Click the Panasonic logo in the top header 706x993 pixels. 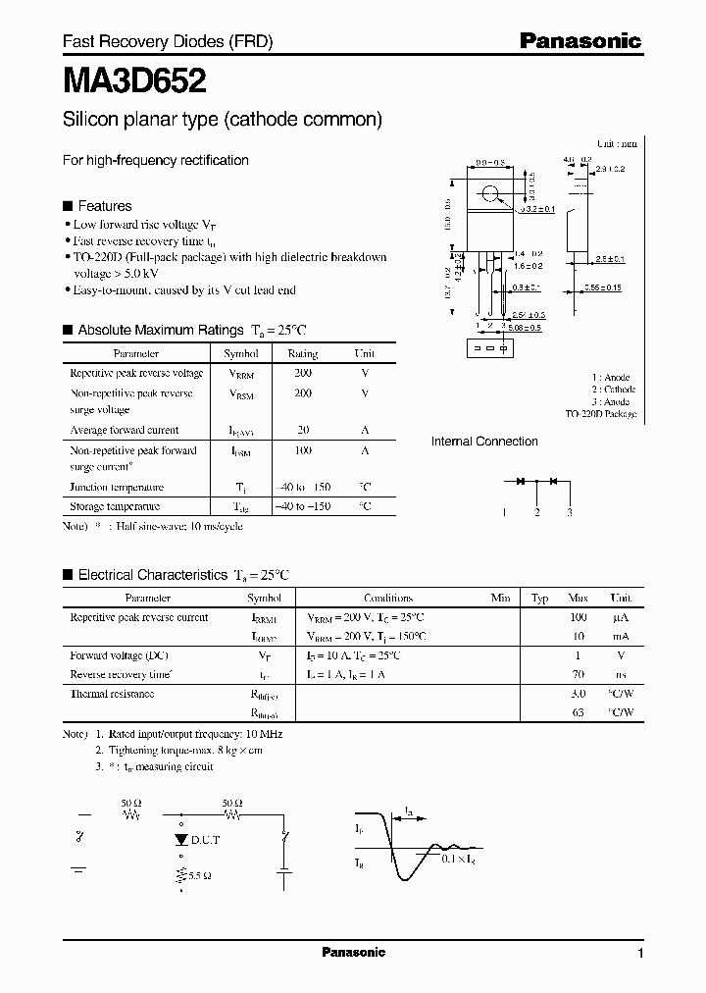pyautogui.click(x=580, y=41)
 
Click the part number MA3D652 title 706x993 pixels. pyautogui.click(x=133, y=79)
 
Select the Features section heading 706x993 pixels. pyautogui.click(x=104, y=206)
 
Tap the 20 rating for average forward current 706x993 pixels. pyautogui.click(x=302, y=430)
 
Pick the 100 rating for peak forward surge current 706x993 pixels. pyautogui.click(x=302, y=450)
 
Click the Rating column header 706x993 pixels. pyautogui.click(x=302, y=353)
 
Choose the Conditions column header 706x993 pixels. pyautogui.click(x=388, y=598)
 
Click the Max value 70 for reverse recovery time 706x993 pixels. pyautogui.click(x=578, y=674)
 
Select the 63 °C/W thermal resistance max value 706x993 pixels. pyautogui.click(x=578, y=713)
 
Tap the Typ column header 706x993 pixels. pyautogui.click(x=540, y=598)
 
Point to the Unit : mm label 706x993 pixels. pyautogui.click(x=616, y=143)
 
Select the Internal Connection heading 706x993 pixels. pyautogui.click(x=484, y=442)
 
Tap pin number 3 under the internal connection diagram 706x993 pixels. pyautogui.click(x=569, y=513)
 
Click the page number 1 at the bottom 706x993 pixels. pyautogui.click(x=640, y=953)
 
